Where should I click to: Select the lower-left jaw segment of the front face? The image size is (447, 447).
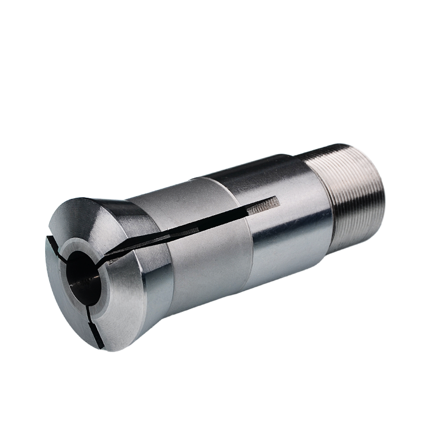coord(61,302)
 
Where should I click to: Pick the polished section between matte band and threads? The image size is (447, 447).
coord(291,223)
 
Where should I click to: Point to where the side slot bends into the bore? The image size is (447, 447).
coord(103,260)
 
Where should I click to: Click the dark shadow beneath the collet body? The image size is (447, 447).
coord(251,313)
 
